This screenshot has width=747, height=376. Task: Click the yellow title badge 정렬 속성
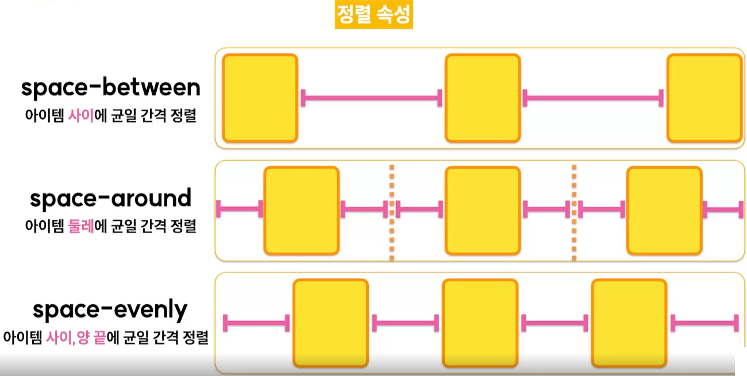tap(373, 15)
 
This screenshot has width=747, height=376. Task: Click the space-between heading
tap(111, 88)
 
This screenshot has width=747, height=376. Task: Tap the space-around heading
tap(110, 199)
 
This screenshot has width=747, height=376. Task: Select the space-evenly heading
tap(110, 310)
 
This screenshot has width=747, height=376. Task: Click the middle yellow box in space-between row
tap(483, 98)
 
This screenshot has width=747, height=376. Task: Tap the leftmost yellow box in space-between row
tap(260, 98)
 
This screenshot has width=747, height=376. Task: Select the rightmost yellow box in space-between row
tap(704, 98)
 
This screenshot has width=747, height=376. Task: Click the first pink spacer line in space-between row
tap(372, 98)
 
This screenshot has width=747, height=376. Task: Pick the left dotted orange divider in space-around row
tap(391, 212)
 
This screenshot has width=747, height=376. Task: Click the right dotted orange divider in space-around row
tap(574, 212)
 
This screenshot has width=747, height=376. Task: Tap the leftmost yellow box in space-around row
tap(301, 210)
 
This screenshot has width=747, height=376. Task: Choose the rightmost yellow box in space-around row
tap(664, 210)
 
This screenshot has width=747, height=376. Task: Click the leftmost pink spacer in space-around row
tap(239, 209)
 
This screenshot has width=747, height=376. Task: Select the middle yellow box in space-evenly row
tap(480, 323)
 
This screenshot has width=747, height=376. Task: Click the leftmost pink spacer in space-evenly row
tap(256, 323)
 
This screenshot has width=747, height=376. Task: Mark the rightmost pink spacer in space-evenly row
tap(704, 323)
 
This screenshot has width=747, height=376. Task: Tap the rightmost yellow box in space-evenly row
tap(629, 323)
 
